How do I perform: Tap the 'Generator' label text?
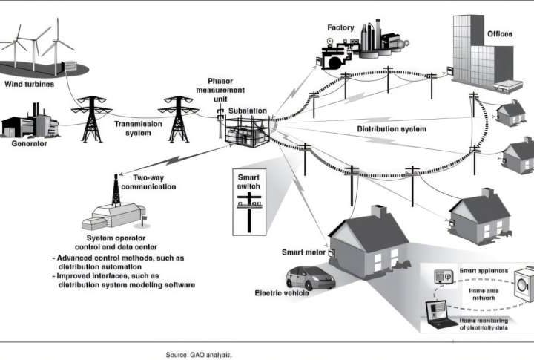coord(25,143)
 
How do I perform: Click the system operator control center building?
coord(115,215)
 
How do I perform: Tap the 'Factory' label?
coord(340,28)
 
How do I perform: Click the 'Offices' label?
coord(499,34)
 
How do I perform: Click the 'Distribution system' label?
coord(392,129)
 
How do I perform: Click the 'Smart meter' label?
coord(302,252)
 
